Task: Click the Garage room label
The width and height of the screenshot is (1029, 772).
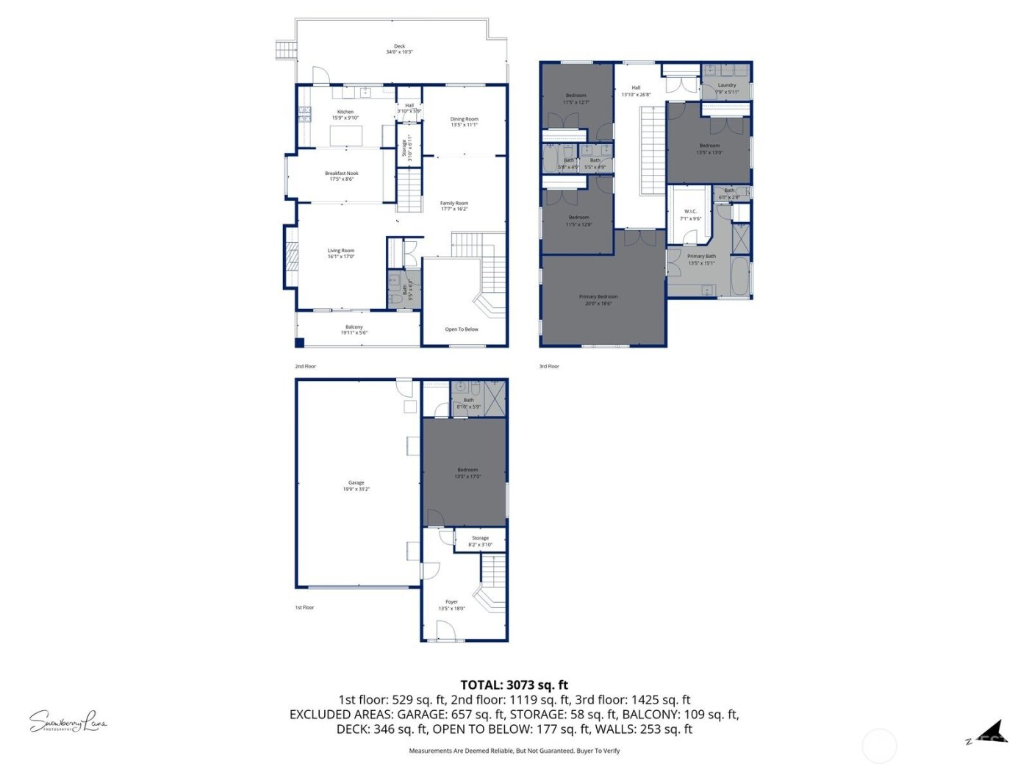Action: point(356,485)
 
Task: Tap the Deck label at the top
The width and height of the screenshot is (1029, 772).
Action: point(399,49)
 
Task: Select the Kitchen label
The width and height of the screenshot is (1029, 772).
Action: point(345,115)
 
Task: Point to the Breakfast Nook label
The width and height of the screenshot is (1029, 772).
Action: point(342,176)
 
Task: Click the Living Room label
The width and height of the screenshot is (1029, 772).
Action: point(341,253)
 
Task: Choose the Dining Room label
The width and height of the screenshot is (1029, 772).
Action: point(464,121)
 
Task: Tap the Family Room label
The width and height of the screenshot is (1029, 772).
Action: point(454,206)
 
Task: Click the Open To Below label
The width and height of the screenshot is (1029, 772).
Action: point(462,329)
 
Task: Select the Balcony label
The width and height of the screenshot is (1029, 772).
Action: point(354,329)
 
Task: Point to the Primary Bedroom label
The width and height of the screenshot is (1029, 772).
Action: point(598,299)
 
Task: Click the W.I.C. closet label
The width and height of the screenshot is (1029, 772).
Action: point(690,215)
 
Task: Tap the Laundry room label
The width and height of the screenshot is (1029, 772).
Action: point(727,88)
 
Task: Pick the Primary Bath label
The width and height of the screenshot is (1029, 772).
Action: point(701,260)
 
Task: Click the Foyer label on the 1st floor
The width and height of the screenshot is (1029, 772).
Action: point(451,604)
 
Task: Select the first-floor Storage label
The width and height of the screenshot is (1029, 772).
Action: point(480,541)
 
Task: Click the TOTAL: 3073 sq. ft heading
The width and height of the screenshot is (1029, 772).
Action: point(514,685)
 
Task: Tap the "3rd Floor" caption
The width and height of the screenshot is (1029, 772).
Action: point(549,366)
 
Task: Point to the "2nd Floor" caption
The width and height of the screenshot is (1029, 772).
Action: point(305,366)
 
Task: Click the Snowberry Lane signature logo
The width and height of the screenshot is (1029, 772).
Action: point(68,722)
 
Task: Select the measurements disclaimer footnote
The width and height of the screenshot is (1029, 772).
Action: point(514,751)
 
